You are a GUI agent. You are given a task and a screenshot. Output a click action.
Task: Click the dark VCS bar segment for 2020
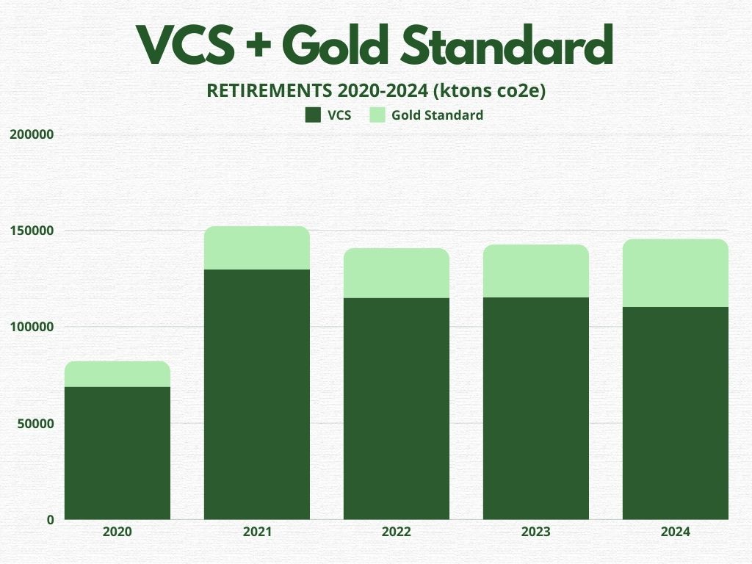click(117, 452)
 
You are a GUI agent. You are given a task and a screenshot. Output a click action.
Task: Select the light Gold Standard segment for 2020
click(117, 374)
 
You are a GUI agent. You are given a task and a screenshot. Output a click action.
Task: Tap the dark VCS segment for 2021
click(257, 394)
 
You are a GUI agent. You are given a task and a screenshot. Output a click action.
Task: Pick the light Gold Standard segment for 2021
click(257, 248)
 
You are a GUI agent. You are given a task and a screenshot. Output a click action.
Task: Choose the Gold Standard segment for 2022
click(397, 273)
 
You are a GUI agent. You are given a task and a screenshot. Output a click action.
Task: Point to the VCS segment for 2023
click(535, 408)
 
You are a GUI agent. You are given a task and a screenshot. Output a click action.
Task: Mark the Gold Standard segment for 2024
click(676, 273)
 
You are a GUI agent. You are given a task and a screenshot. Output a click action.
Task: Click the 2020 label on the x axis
click(117, 532)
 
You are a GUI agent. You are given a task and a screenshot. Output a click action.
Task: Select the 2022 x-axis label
click(397, 532)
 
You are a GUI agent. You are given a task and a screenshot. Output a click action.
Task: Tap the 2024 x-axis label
click(676, 532)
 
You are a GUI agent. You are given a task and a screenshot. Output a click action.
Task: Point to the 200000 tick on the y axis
click(32, 134)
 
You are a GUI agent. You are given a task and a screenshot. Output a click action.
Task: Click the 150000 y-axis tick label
click(32, 231)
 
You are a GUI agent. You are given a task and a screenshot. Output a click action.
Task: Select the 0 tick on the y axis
click(51, 520)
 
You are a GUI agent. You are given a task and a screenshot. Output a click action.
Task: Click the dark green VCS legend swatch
click(313, 115)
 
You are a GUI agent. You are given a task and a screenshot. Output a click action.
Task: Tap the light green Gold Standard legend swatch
click(377, 115)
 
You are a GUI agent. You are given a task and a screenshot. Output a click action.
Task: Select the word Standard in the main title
click(507, 44)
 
